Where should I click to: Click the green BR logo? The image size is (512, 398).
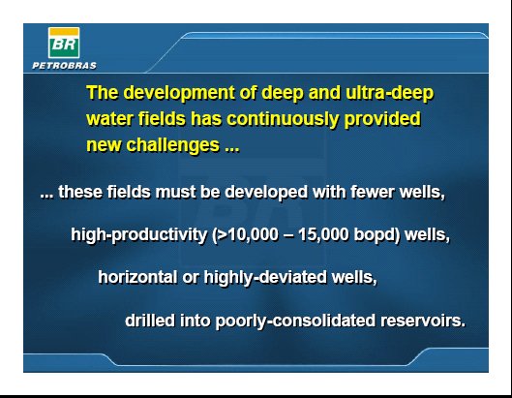point(64,43)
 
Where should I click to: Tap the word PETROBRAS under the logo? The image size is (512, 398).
point(64,66)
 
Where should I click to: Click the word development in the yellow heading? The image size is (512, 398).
point(179,93)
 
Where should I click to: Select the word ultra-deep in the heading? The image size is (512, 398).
point(389,93)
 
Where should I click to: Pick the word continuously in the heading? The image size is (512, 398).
point(283,119)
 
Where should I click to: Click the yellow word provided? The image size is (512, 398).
point(382,119)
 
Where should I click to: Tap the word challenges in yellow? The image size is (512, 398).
point(172,145)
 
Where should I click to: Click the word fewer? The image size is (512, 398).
point(373,192)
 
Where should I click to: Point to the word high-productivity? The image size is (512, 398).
point(139,235)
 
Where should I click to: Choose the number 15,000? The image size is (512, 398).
point(323,235)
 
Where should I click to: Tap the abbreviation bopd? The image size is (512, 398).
point(374,235)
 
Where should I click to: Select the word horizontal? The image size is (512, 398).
point(137,277)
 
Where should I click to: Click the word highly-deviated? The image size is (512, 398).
point(265,278)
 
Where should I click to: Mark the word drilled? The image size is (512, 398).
point(150,321)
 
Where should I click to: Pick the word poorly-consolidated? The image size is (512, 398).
point(295,321)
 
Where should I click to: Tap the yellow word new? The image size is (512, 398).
point(104,145)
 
